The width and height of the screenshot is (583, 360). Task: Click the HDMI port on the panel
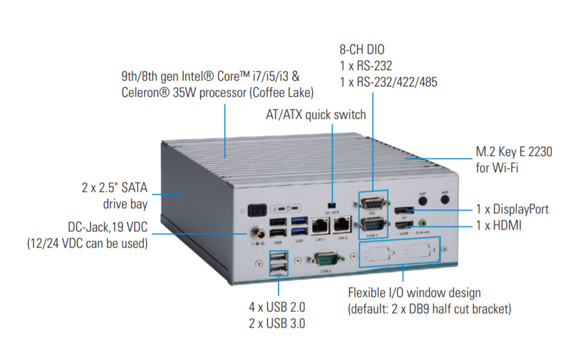[x=404, y=225]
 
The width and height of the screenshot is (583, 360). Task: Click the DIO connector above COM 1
[x=371, y=203]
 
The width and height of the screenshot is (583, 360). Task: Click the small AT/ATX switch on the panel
[x=331, y=205]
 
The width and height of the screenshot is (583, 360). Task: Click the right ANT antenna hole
[x=445, y=199]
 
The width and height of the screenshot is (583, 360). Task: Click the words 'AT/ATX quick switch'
[x=316, y=114]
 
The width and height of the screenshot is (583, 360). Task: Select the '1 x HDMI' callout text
[x=498, y=226]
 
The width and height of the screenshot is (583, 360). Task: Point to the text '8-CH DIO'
[x=362, y=50]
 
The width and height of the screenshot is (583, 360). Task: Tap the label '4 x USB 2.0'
[x=277, y=307]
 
